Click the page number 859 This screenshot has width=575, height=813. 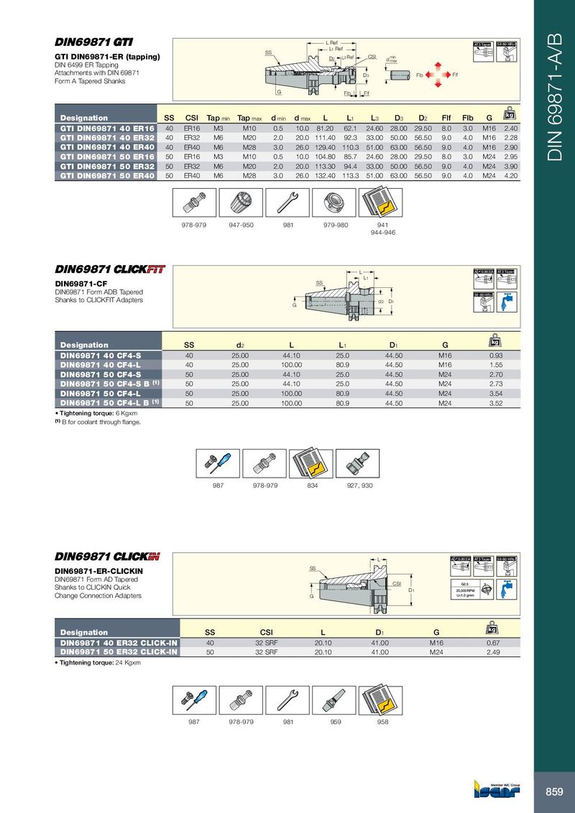pos(553,791)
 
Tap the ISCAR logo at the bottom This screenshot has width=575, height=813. pos(495,790)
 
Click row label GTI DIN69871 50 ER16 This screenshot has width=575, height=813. pos(107,156)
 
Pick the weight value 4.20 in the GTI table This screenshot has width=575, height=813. pos(511,175)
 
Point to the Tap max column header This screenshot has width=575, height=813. pos(250,118)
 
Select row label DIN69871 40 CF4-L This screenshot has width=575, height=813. pos(100,365)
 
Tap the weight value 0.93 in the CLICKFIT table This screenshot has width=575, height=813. pos(495,356)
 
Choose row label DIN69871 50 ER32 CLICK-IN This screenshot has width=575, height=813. pos(119,652)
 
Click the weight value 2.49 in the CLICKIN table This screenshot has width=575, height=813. pos(493,652)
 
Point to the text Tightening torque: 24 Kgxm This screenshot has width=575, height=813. pos(98,663)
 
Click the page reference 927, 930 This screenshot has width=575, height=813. pos(359,486)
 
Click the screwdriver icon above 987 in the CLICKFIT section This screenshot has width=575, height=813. pos(216,464)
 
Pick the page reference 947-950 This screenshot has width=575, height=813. pos(241,225)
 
